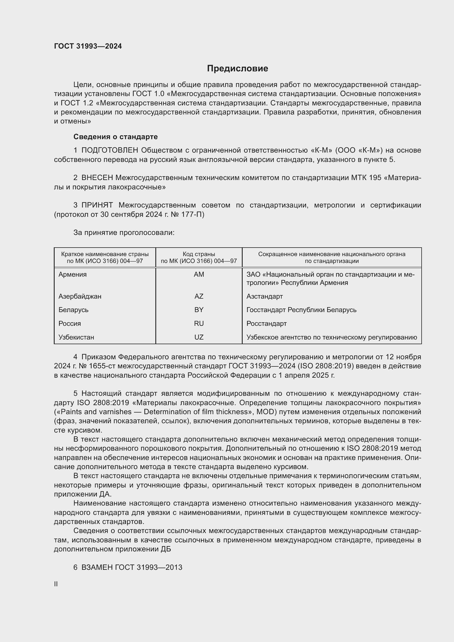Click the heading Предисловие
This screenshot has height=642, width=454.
click(x=237, y=69)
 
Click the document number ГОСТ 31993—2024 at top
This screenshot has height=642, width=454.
click(x=88, y=46)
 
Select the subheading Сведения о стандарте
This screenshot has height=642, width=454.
click(x=116, y=137)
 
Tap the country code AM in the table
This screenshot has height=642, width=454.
click(x=199, y=274)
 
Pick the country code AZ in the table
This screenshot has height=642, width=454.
click(x=199, y=296)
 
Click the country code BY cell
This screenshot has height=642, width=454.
click(x=199, y=310)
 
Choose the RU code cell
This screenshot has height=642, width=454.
click(x=199, y=324)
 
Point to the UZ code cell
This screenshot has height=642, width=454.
click(x=199, y=337)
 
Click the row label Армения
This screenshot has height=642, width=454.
click(x=72, y=274)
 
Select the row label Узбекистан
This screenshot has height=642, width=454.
click(x=76, y=337)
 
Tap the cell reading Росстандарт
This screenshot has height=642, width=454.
click(x=267, y=324)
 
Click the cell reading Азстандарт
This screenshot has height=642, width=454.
click(x=264, y=296)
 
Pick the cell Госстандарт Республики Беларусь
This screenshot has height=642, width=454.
click(x=301, y=310)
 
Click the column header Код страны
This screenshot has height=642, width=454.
click(x=199, y=254)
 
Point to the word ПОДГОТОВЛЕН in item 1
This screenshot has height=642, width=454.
click(x=110, y=150)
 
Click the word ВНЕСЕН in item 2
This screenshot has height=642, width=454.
click(x=97, y=178)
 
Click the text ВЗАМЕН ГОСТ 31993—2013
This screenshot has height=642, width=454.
click(x=131, y=567)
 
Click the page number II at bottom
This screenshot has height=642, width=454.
click(x=56, y=584)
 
